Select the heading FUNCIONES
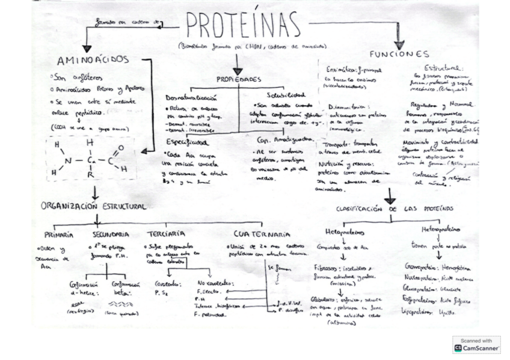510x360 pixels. tap(399, 54)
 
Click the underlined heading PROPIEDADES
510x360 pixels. tap(239, 79)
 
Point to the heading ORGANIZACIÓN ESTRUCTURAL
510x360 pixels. tap(93, 206)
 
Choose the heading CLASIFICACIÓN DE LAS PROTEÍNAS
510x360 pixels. tap(395, 209)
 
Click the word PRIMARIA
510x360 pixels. tap(59, 234)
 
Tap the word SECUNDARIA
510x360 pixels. tap(111, 234)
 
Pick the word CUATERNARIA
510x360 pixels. tap(262, 234)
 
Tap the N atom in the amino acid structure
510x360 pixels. tap(68, 160)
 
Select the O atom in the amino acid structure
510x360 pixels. tap(120, 147)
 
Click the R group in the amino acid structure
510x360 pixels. tap(89, 175)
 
